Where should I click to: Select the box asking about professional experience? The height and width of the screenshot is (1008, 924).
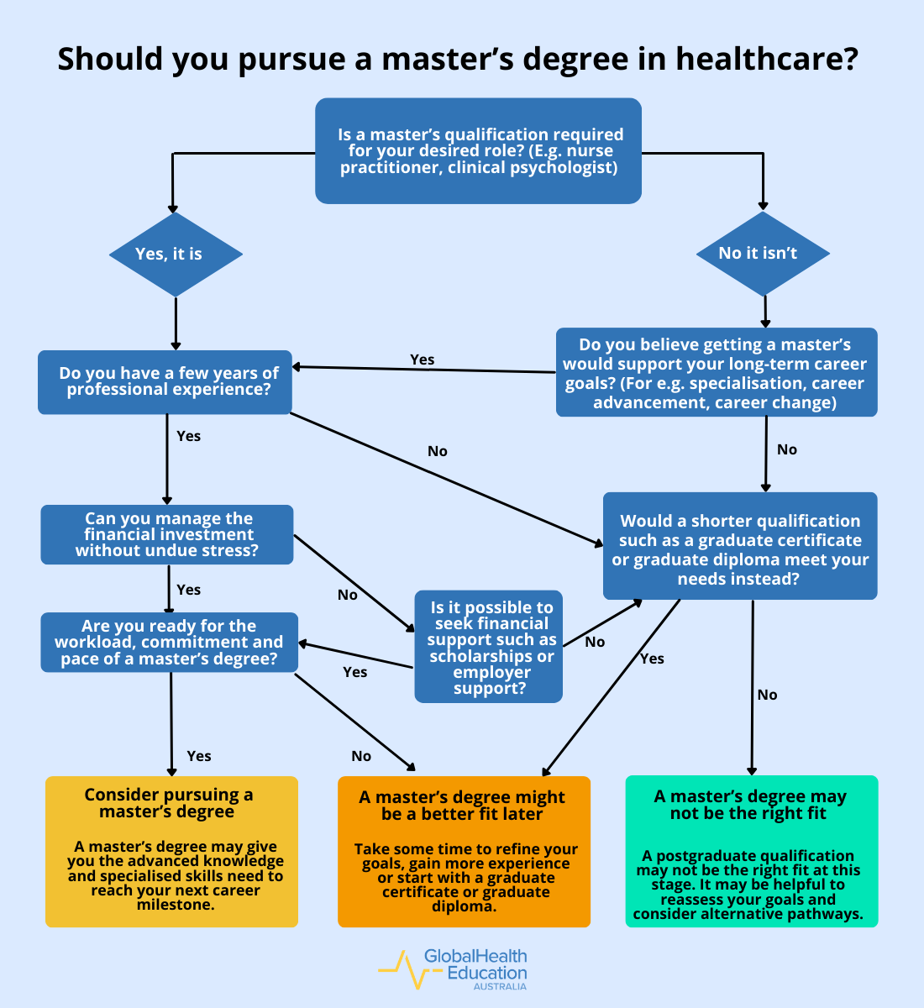pyautogui.click(x=165, y=382)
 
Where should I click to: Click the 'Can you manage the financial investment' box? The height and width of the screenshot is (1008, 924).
pyautogui.click(x=167, y=534)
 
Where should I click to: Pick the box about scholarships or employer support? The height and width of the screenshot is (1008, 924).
pyautogui.click(x=489, y=647)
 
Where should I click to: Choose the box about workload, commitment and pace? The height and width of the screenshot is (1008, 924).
pyautogui.click(x=169, y=643)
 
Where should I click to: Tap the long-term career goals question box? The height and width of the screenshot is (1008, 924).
pyautogui.click(x=717, y=372)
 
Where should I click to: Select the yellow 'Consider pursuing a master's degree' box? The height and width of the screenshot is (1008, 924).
pyautogui.click(x=171, y=851)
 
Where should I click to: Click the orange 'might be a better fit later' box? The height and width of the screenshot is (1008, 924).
pyautogui.click(x=464, y=851)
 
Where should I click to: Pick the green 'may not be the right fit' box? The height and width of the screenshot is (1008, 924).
pyautogui.click(x=752, y=851)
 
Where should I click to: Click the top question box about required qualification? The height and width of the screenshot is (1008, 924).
pyautogui.click(x=478, y=151)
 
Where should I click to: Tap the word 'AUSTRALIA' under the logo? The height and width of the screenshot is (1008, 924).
pyautogui.click(x=500, y=987)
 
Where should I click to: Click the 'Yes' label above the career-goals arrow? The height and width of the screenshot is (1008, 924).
pyautogui.click(x=422, y=360)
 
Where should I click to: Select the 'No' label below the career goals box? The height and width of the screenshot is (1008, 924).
pyautogui.click(x=786, y=449)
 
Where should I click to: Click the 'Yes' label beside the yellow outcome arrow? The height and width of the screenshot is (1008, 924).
pyautogui.click(x=198, y=756)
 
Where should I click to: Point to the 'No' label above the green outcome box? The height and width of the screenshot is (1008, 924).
pyautogui.click(x=767, y=695)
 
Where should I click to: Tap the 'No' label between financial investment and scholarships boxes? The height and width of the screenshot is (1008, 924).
pyautogui.click(x=347, y=595)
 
